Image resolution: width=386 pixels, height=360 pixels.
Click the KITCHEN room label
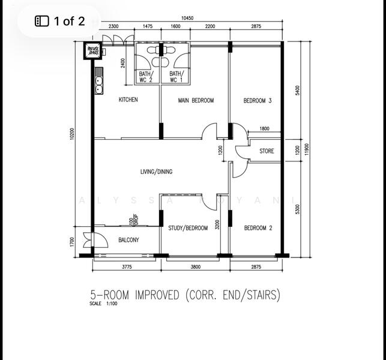[x=128, y=100]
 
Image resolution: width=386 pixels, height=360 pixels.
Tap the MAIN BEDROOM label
[x=195, y=101]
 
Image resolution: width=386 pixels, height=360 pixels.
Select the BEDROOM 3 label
[x=257, y=101]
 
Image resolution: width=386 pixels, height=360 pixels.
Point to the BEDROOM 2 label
[x=258, y=228]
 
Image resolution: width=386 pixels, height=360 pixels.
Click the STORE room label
[x=266, y=151]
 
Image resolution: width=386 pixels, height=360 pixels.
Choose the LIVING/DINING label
[x=156, y=172]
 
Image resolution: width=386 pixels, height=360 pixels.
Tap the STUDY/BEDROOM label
[x=188, y=228]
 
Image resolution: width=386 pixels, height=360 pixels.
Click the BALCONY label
[x=128, y=240]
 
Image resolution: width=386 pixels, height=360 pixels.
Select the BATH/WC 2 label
[x=146, y=77]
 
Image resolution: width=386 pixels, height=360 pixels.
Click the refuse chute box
[x=93, y=51]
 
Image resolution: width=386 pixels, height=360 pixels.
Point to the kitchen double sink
[x=98, y=81]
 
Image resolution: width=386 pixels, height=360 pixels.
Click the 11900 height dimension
[x=308, y=149]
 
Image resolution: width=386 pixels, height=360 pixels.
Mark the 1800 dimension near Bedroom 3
[x=264, y=129]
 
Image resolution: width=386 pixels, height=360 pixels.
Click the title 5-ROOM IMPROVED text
[x=185, y=295]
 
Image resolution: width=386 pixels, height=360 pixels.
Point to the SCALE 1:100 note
[x=104, y=304]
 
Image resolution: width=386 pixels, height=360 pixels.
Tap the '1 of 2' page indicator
[x=60, y=22]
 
